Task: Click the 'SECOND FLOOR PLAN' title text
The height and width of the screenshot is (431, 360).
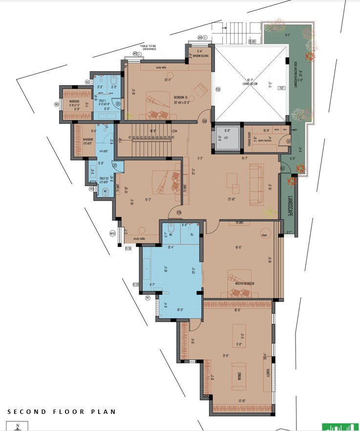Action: (x=61, y=411)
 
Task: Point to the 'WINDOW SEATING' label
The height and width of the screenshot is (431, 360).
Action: (x=200, y=56)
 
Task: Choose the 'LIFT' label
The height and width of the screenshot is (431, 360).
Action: (x=227, y=138)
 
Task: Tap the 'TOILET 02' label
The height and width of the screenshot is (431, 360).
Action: (x=103, y=179)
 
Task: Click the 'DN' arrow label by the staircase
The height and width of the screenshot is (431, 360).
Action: (x=175, y=131)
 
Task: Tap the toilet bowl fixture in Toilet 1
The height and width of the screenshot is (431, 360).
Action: (x=113, y=79)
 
